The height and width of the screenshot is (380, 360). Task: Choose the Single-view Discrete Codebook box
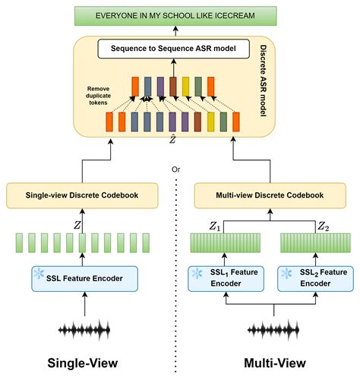[83, 195]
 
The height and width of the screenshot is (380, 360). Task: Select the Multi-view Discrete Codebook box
[272, 195]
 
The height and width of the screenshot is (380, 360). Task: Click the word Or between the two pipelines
[176, 168]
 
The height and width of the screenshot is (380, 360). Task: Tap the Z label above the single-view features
[74, 225]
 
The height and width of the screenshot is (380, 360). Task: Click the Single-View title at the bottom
[83, 363]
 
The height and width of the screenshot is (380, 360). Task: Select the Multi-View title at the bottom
[272, 363]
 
